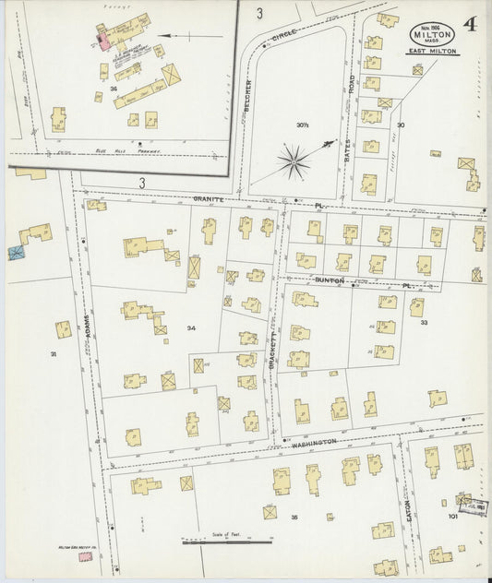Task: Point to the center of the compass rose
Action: [294, 163]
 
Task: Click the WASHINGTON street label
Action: [312, 444]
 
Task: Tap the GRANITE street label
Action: [209, 198]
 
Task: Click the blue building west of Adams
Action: [16, 251]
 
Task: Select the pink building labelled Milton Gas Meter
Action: [86, 556]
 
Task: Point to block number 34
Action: [191, 327]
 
